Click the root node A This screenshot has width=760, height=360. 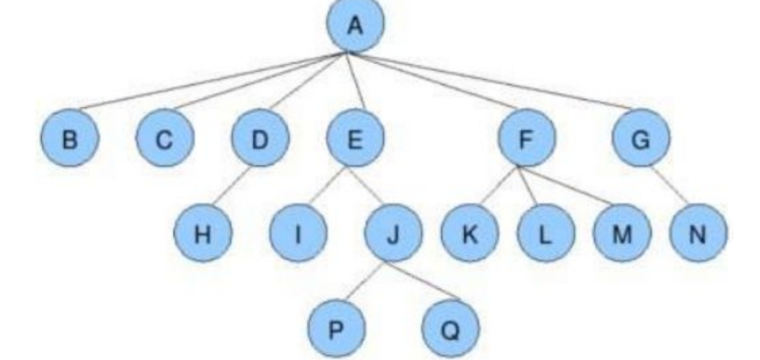(x=354, y=26)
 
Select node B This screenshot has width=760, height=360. (x=70, y=139)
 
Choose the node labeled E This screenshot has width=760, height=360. (x=354, y=139)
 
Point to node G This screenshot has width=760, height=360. (x=640, y=139)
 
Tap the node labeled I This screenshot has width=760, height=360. (x=298, y=235)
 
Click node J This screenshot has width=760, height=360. (x=393, y=235)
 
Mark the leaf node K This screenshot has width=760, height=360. (x=470, y=235)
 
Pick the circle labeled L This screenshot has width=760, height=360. (x=545, y=235)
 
